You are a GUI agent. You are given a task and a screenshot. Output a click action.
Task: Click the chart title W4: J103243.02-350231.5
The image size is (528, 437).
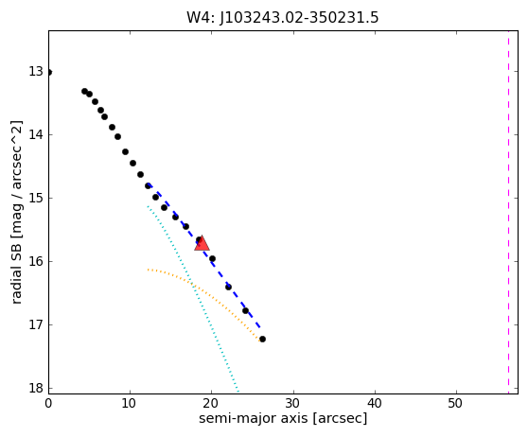[283, 18]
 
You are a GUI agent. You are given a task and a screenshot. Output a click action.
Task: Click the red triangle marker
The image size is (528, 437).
[202, 243]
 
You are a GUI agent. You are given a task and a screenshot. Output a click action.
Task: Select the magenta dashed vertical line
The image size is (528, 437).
[508, 212]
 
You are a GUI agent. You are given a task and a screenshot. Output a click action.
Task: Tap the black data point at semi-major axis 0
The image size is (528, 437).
[49, 73]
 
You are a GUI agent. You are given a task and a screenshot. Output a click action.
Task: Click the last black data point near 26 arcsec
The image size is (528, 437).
[262, 339]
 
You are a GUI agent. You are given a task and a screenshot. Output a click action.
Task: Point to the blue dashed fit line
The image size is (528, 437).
[204, 255]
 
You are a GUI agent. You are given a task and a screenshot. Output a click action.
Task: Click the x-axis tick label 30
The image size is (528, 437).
[293, 403]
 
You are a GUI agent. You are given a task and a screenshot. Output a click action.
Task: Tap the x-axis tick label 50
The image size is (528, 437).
[456, 403]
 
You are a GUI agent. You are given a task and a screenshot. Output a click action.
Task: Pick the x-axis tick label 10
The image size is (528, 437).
[130, 403]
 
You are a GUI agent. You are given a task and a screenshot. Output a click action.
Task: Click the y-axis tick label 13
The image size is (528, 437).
[36, 71]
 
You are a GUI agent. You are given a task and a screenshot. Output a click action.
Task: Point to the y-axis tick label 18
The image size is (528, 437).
[36, 388]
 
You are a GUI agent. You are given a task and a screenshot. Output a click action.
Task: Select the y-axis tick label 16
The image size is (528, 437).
[36, 261]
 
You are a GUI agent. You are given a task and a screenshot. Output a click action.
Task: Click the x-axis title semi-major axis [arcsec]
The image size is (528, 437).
[283, 418]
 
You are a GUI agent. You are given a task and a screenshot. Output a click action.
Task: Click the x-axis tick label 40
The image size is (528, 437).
[375, 403]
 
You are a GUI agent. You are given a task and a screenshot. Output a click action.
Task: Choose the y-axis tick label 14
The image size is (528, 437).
[36, 134]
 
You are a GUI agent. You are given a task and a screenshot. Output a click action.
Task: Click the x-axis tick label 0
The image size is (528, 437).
[48, 403]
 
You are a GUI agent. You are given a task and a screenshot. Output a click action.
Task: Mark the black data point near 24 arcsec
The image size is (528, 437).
[245, 310]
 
